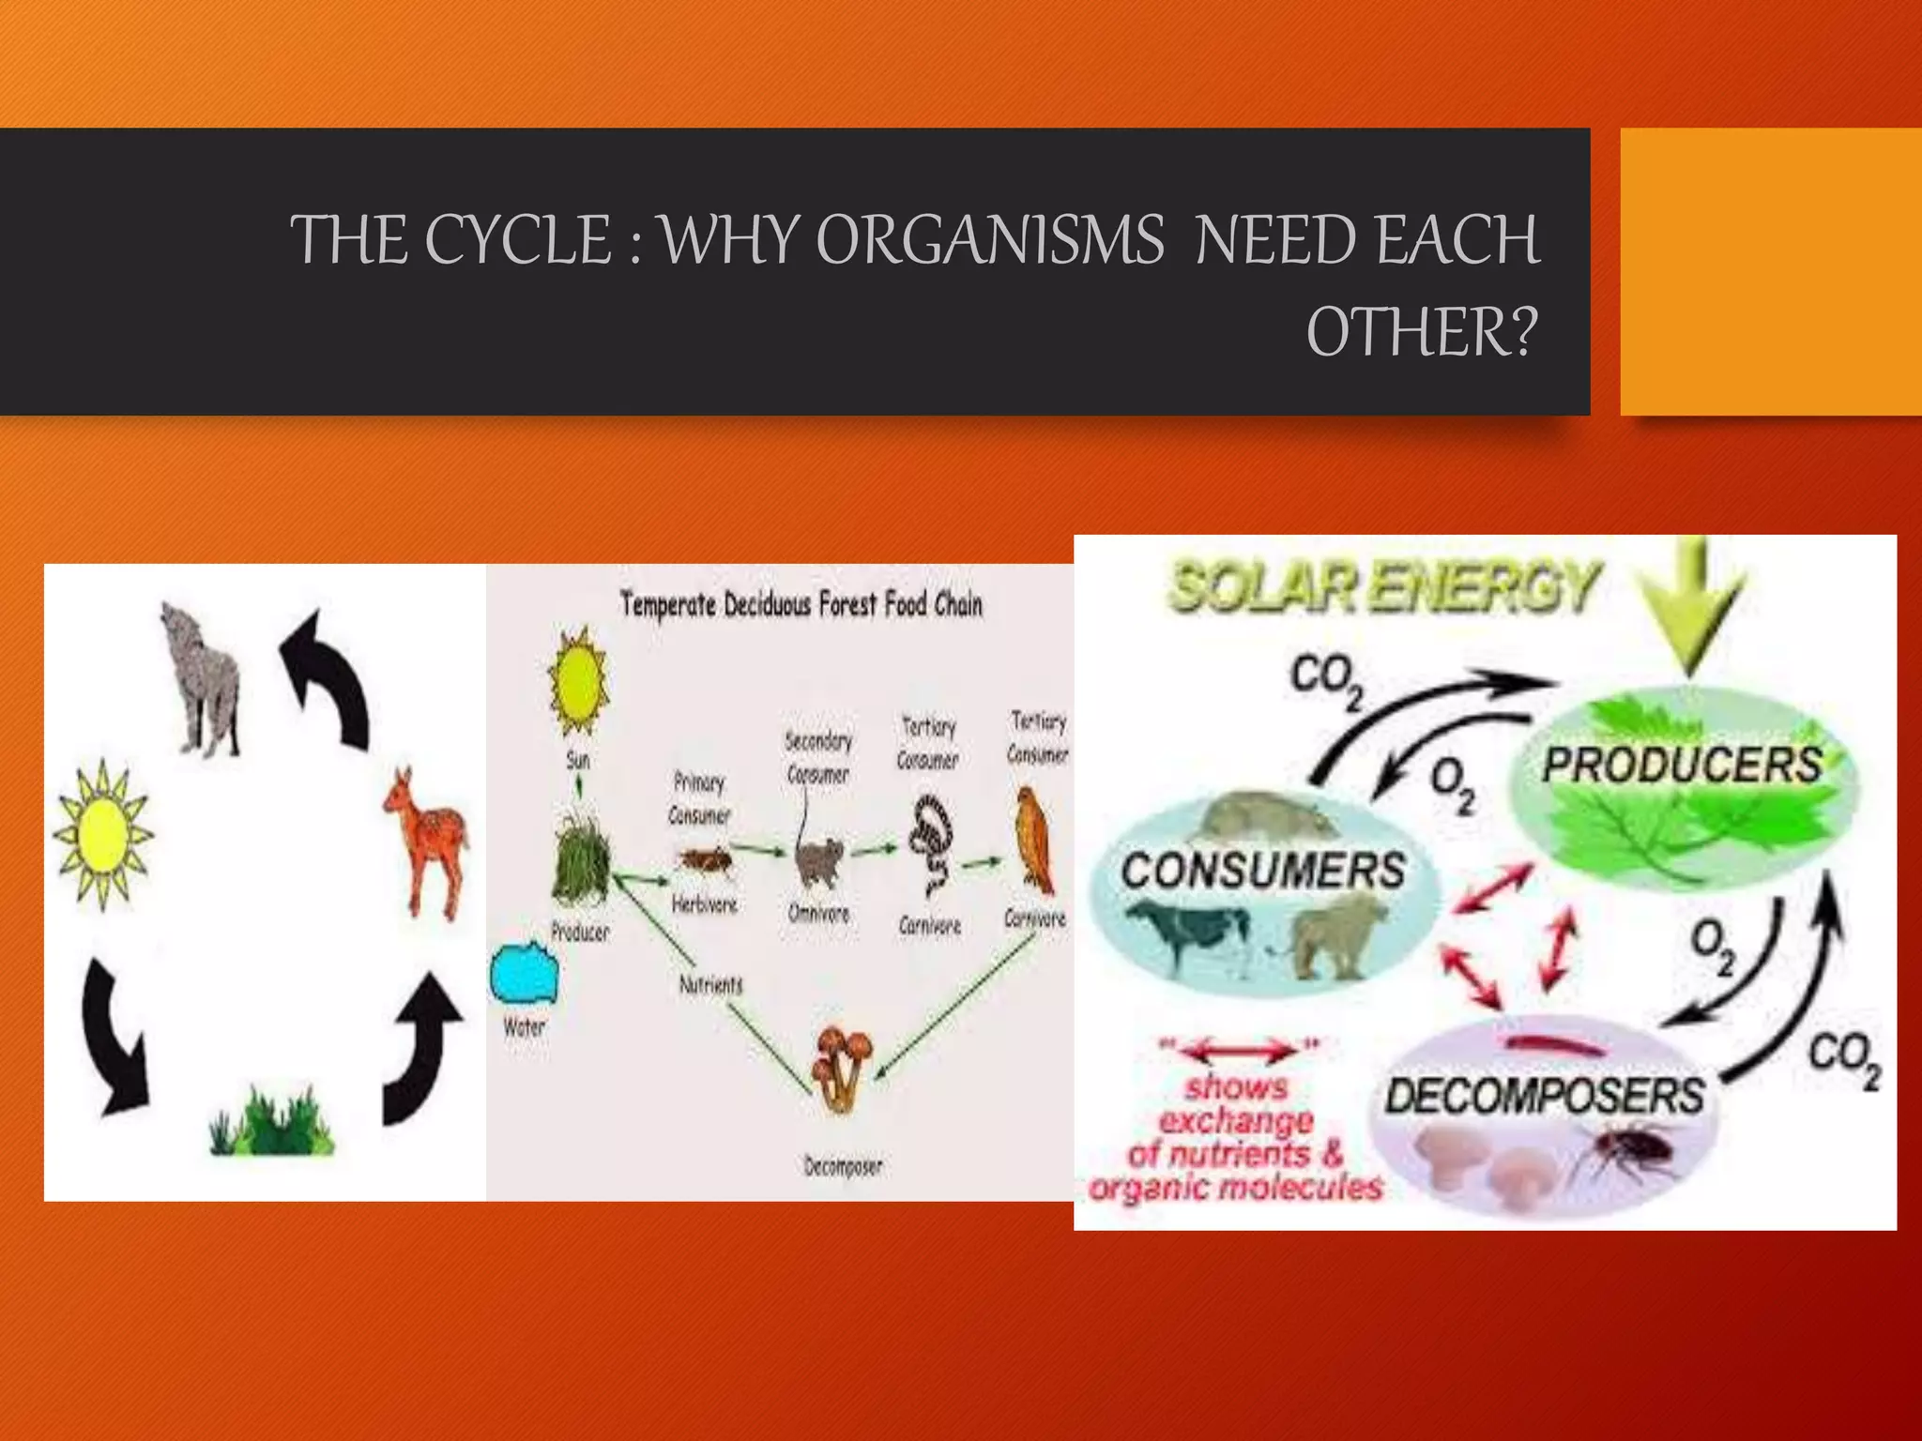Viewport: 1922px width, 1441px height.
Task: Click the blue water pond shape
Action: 524,973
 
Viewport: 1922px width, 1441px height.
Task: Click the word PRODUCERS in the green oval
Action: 1682,764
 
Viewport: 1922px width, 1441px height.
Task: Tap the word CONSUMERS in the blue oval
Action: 1263,870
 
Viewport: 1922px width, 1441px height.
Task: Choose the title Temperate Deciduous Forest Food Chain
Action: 801,605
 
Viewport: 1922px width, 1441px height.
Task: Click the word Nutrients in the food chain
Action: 710,984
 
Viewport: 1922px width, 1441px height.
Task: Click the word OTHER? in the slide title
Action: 1423,332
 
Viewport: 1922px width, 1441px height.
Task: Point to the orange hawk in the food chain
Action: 1035,842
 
